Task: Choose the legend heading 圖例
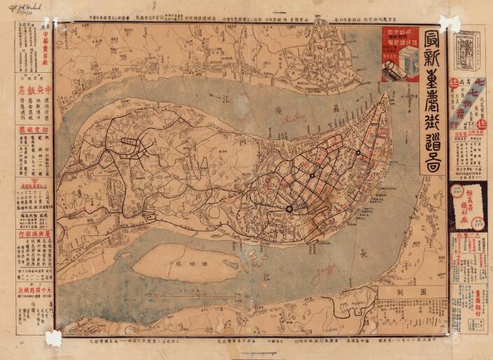click(412, 291)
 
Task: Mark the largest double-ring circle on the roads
click(289, 208)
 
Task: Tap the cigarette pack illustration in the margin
click(467, 53)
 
